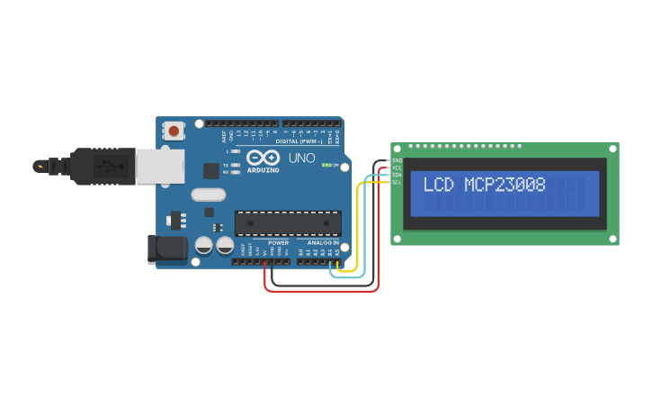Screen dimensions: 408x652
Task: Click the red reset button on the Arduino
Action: click(x=174, y=131)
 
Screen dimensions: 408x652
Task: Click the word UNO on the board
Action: click(x=302, y=159)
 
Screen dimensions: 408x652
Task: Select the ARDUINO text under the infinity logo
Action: click(x=263, y=168)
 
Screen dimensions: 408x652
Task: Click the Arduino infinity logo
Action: click(x=263, y=158)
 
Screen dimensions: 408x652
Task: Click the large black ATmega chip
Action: click(x=288, y=223)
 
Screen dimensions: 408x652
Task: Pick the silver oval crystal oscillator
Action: click(x=208, y=194)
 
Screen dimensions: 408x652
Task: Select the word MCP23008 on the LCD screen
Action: click(x=505, y=186)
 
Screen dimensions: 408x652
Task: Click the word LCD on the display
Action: click(x=439, y=186)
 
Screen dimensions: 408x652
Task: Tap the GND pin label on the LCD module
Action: click(x=397, y=160)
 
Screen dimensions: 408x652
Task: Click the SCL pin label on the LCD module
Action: click(x=397, y=182)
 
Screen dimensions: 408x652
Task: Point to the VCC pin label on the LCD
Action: click(x=397, y=168)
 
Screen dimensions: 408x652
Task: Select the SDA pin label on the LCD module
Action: click(x=397, y=175)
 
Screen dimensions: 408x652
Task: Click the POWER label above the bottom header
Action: click(x=279, y=242)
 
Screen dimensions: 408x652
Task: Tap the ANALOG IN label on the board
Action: click(x=324, y=242)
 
